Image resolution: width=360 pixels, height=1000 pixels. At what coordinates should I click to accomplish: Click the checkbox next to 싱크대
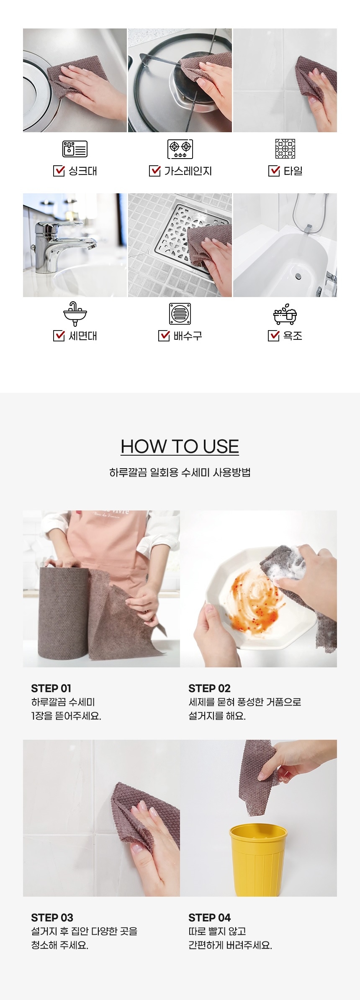click(59, 171)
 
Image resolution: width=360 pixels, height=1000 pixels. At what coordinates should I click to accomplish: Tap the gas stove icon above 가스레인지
click(180, 149)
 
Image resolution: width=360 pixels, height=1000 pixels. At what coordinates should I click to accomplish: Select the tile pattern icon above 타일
click(285, 149)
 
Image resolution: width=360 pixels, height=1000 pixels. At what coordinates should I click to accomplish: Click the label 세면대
click(83, 336)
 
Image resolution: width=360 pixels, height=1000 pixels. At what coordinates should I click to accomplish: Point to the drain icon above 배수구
click(180, 314)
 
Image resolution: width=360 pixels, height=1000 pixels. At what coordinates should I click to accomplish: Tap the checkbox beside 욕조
click(273, 336)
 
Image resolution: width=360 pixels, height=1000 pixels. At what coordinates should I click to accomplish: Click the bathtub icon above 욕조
click(285, 314)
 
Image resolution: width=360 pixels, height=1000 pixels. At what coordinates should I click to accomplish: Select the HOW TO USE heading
click(180, 446)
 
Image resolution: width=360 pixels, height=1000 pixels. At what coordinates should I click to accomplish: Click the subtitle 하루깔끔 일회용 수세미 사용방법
click(180, 472)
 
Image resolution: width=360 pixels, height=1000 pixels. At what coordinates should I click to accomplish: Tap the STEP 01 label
click(51, 688)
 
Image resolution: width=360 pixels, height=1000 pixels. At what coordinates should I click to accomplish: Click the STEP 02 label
click(209, 688)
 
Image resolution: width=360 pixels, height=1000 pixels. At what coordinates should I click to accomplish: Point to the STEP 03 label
click(52, 918)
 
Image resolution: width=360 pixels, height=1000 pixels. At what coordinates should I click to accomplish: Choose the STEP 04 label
click(209, 918)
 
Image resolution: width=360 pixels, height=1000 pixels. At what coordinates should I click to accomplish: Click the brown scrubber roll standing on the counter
click(64, 613)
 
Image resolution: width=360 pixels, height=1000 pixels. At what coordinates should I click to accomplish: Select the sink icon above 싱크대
click(75, 149)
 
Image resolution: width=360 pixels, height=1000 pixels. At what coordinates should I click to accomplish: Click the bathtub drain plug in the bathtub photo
click(298, 276)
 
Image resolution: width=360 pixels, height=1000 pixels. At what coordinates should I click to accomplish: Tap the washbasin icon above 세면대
click(75, 314)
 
